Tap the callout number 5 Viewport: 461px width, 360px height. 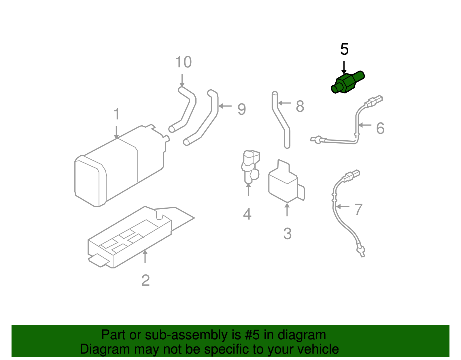coord(344,49)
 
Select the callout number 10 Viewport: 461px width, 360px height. coord(184,62)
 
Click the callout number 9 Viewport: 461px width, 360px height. coord(242,110)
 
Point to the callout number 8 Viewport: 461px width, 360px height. coord(300,106)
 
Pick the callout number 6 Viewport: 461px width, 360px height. coord(380,128)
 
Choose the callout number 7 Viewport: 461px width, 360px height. coord(358,210)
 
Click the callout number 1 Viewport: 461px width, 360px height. coord(116,114)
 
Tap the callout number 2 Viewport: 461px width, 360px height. coord(146,280)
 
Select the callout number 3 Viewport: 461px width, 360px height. coord(287,234)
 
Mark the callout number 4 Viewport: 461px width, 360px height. coord(247,214)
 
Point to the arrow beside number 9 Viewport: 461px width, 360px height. coord(225,106)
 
